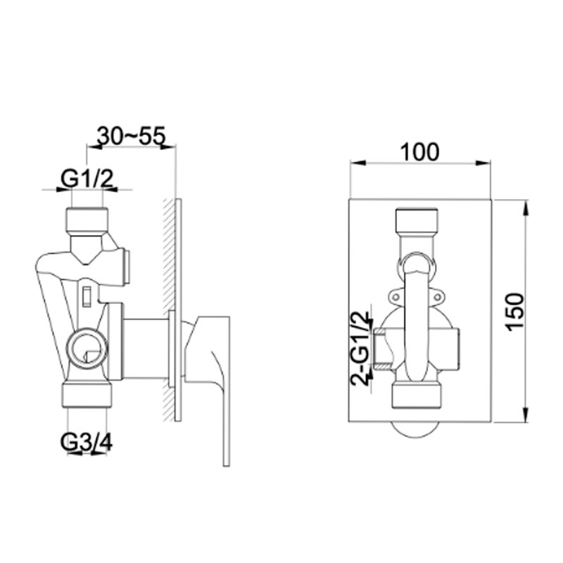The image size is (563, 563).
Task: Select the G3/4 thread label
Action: [x=87, y=443]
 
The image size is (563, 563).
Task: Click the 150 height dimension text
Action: [x=517, y=312]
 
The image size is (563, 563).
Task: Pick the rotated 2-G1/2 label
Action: [x=360, y=348]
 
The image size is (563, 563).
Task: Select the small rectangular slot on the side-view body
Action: [x=87, y=295]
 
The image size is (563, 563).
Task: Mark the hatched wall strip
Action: [x=167, y=310]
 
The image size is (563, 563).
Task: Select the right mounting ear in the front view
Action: [x=443, y=296]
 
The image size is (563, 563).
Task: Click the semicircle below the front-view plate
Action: [x=419, y=428]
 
